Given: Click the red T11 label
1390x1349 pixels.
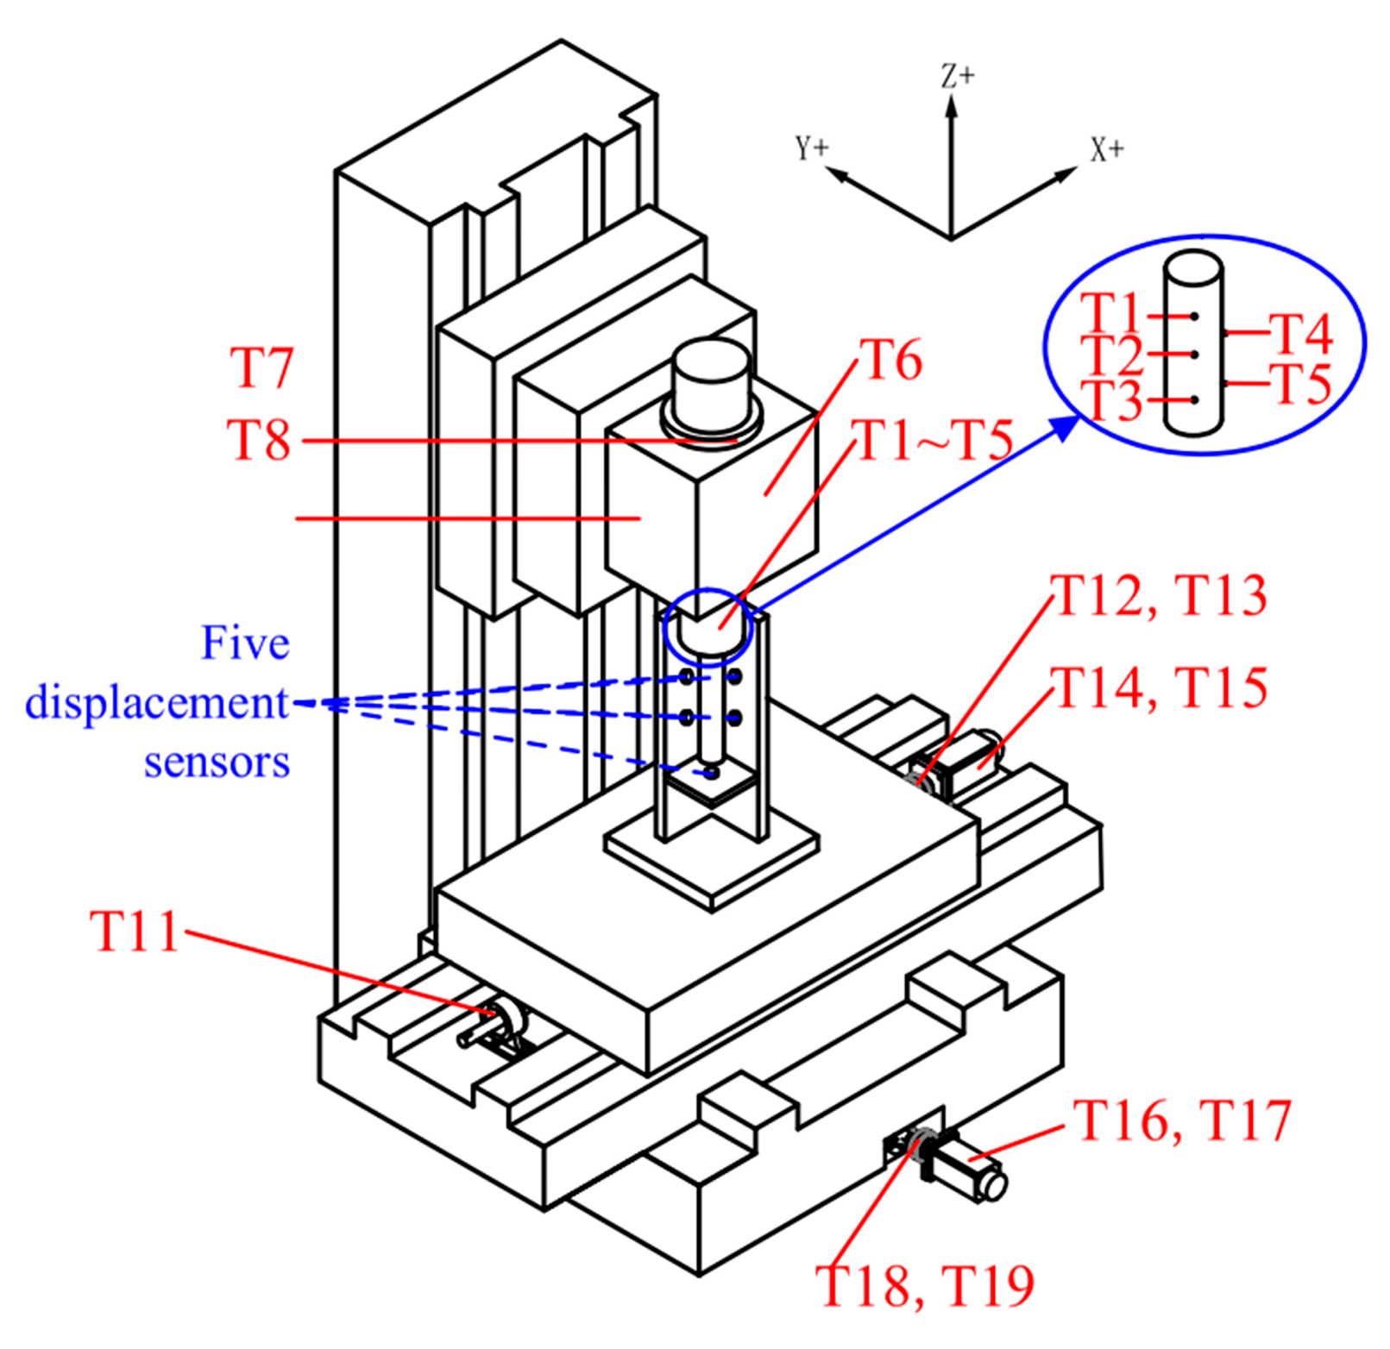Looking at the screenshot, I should pos(134,931).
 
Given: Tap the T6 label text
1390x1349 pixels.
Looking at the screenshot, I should pos(891,360).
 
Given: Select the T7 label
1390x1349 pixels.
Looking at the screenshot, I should pos(261,368).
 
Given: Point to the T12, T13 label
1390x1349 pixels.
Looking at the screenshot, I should pos(1159,595).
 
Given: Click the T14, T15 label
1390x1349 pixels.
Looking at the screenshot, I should pos(1159,687).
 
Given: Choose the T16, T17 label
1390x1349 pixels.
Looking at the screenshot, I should pos(1181,1120).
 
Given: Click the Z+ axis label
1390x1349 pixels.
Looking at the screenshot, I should pos(957,78).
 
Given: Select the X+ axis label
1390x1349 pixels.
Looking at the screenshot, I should pos(1107,150).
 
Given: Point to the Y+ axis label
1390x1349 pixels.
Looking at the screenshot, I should pos(811,148).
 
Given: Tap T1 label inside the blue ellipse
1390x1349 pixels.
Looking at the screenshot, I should pos(1110,313).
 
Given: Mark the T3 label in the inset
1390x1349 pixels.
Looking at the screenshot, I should pos(1111,401).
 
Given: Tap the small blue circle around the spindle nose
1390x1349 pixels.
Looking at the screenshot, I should pos(708,627).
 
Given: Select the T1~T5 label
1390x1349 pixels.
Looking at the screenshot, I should pos(932,440).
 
